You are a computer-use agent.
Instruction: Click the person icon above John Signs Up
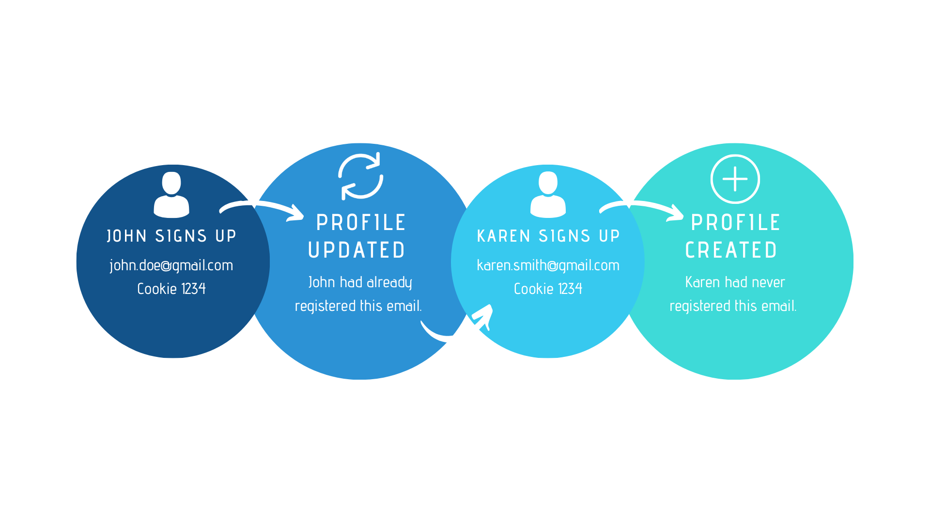pos(171,195)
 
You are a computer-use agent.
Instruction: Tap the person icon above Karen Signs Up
pos(548,195)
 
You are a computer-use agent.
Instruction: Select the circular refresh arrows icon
pos(361,176)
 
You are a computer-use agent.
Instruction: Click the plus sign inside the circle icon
pos(735,179)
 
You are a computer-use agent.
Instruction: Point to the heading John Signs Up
pos(171,236)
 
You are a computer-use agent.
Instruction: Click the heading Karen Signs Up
pos(548,236)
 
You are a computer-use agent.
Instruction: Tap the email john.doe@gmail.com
pos(171,265)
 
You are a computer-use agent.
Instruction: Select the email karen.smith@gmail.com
pos(548,265)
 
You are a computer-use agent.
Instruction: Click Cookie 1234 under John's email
pos(171,289)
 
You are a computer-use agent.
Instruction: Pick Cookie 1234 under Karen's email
pos(548,289)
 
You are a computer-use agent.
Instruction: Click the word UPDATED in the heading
pos(357,250)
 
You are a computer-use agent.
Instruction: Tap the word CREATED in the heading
pos(731,250)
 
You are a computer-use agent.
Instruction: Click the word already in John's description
pos(389,282)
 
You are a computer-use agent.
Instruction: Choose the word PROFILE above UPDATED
pos(361,223)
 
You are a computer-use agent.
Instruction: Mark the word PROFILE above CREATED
pos(736,223)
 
